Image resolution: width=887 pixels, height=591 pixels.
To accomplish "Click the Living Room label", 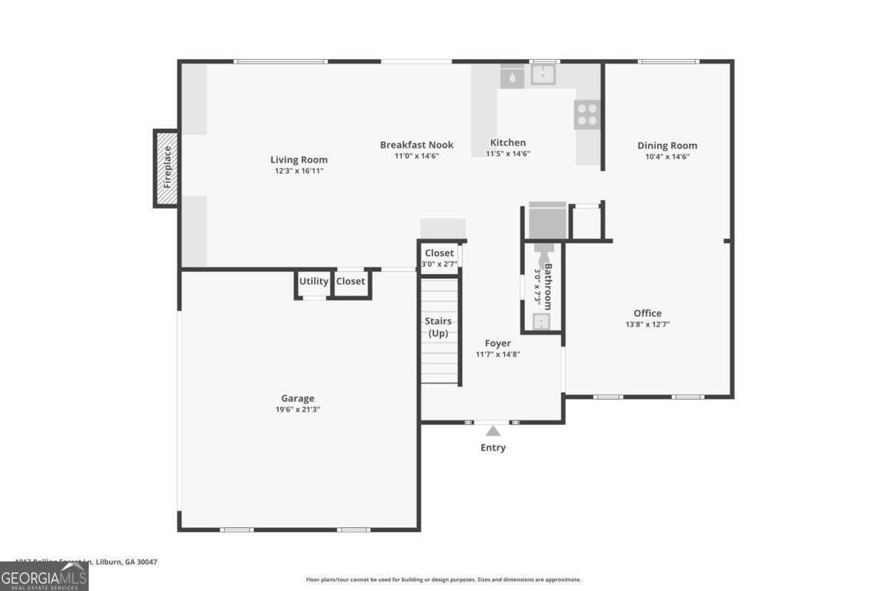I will click(299, 160).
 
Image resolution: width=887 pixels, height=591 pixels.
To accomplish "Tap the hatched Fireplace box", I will click(167, 168).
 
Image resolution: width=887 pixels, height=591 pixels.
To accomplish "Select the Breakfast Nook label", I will click(416, 145).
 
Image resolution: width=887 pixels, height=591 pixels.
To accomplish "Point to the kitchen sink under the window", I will click(544, 75).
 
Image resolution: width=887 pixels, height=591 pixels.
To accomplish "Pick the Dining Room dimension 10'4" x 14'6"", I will click(667, 157).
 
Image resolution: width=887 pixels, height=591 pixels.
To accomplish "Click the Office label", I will click(648, 313).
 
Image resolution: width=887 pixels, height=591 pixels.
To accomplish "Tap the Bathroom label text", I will click(548, 286).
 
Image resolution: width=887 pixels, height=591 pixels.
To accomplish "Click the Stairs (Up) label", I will click(438, 327).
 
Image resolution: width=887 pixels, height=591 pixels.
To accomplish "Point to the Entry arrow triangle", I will click(493, 431).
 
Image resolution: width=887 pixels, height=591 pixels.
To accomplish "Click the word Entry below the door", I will click(493, 448).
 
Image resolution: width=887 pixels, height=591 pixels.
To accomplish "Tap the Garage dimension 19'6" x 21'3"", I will click(297, 409).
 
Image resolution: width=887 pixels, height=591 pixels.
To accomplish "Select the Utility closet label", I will click(313, 281).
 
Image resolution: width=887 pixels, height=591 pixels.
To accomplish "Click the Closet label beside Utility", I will click(350, 281).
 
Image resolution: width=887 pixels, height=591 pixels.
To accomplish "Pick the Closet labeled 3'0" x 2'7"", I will click(439, 264).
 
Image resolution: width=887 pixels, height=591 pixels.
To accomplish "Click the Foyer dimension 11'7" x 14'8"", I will click(497, 355).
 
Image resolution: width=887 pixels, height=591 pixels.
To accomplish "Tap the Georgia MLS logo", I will click(44, 576).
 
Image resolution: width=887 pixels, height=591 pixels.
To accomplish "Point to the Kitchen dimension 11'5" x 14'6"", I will click(508, 154).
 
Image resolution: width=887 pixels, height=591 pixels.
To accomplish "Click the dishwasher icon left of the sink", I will click(512, 76).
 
